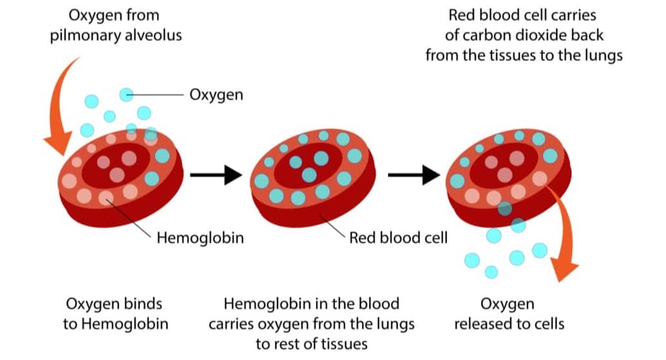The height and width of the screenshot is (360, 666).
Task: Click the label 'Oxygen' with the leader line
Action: click(216, 95)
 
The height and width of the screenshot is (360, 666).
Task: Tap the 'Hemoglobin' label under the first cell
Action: click(200, 238)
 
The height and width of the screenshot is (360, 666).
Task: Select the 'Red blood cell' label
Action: click(398, 238)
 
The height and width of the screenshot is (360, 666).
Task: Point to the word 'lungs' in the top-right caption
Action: click(601, 55)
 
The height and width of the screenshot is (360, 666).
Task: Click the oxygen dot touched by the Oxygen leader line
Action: click(127, 95)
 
